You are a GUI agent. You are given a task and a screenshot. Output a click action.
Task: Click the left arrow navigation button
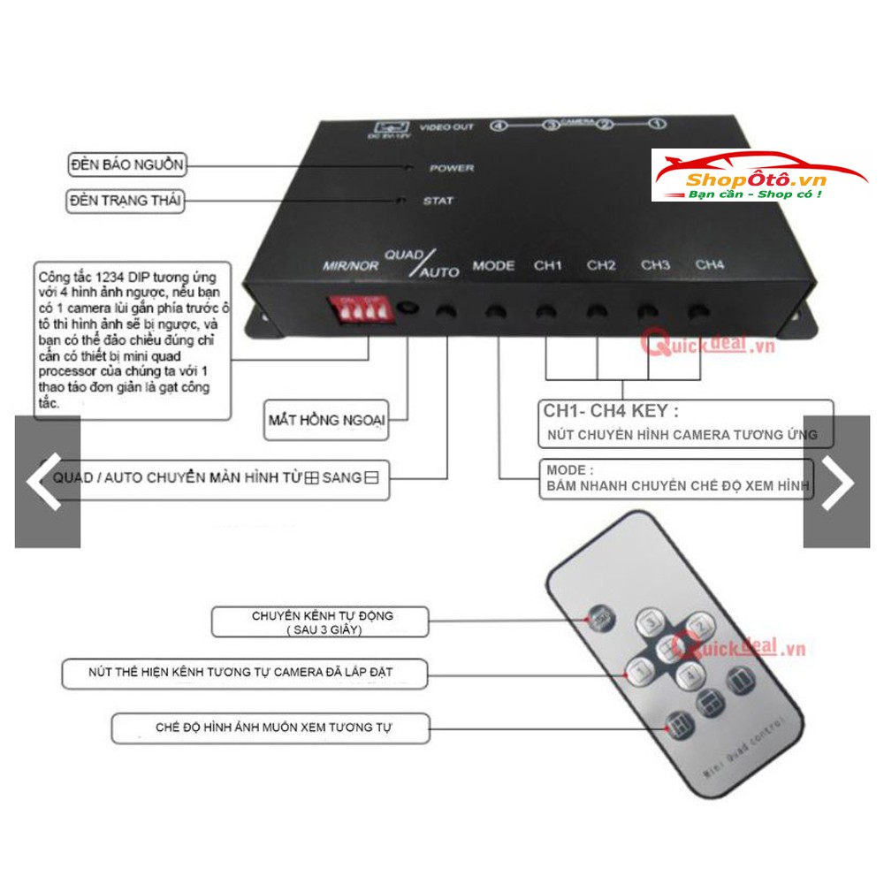pyautogui.click(x=46, y=482)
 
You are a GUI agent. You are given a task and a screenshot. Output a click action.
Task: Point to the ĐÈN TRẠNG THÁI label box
pyautogui.click(x=126, y=202)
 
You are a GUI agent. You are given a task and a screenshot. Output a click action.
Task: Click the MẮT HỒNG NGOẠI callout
pyautogui.click(x=327, y=420)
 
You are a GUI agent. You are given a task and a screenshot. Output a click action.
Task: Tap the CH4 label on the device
pyautogui.click(x=709, y=264)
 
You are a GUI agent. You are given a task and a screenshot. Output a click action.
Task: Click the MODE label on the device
pyautogui.click(x=493, y=265)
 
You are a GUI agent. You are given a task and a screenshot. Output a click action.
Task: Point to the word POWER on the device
pyautogui.click(x=452, y=168)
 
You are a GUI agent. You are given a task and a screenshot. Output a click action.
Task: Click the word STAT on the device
pyautogui.click(x=438, y=201)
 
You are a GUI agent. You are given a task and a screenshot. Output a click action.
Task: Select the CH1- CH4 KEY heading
pyautogui.click(x=611, y=411)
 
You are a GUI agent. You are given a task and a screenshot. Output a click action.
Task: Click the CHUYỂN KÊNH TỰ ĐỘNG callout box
pyautogui.click(x=321, y=621)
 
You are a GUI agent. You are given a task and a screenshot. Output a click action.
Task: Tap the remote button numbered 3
pyautogui.click(x=652, y=621)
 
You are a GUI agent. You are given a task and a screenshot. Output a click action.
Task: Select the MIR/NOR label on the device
pyautogui.click(x=349, y=266)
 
